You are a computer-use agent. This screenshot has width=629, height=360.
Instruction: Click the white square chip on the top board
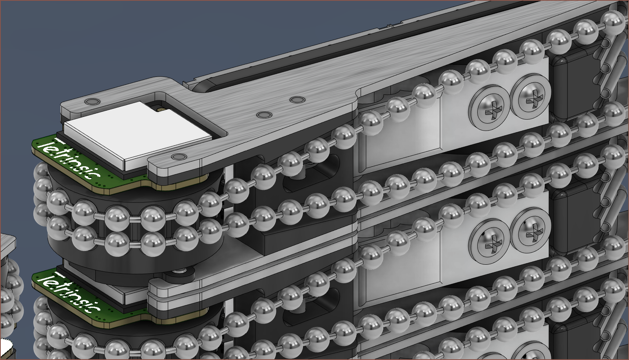138,136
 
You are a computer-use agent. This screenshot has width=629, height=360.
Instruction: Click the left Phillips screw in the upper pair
490,108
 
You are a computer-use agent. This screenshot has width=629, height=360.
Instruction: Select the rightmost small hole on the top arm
297,100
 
